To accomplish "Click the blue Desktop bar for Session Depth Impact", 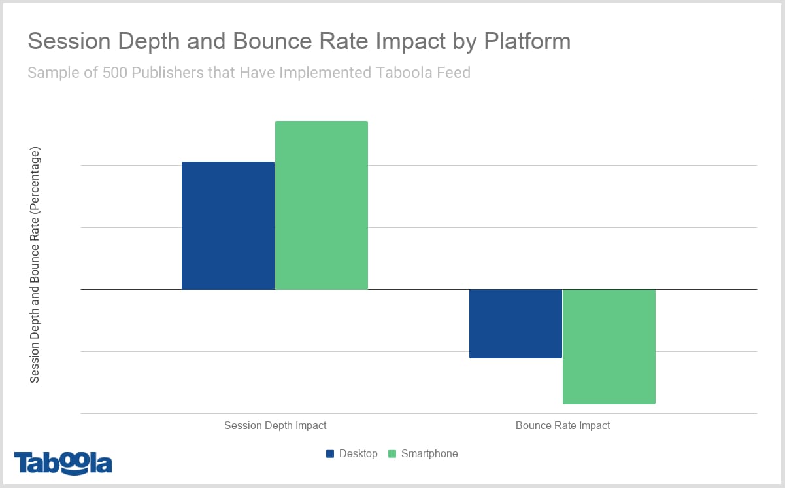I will point(227,225).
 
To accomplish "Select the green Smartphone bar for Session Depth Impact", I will point(322,205).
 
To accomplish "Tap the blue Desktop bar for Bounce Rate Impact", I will point(516,323).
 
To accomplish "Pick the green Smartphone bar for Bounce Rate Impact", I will point(609,346).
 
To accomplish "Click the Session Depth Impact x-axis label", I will point(275,425).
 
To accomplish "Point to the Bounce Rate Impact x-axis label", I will point(563,425).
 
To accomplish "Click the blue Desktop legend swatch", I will point(330,453).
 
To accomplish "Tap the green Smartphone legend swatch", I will point(392,453).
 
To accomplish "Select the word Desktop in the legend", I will point(358,453).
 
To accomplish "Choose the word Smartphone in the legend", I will point(429,453).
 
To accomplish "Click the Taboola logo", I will point(63,462).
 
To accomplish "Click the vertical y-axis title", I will point(35,265).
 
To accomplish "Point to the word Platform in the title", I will point(527,41).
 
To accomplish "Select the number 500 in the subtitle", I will point(115,72).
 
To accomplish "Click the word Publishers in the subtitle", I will point(167,72).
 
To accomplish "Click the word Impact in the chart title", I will point(406,41).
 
